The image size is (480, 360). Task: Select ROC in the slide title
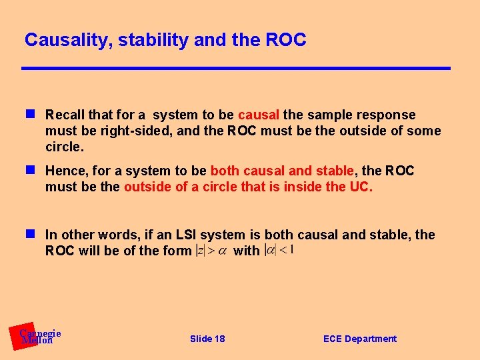(x=285, y=40)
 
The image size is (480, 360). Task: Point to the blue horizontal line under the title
(x=235, y=68)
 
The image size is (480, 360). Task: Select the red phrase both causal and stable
(x=281, y=171)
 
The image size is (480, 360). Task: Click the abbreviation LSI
(x=185, y=235)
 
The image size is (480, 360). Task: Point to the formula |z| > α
(x=211, y=251)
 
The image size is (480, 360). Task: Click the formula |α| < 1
(x=279, y=250)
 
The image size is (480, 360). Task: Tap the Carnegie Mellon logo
(x=37, y=337)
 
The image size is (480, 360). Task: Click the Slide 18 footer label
(x=207, y=339)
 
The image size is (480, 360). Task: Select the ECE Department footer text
(x=359, y=339)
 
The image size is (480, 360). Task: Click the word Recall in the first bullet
(x=65, y=115)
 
